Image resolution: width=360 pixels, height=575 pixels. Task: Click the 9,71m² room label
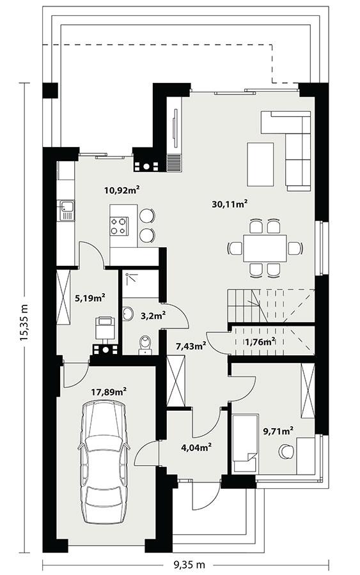click(x=278, y=431)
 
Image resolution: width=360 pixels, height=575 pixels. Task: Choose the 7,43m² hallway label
click(x=191, y=346)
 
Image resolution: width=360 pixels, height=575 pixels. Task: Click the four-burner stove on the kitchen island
click(x=120, y=225)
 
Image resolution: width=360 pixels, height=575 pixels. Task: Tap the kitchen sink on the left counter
click(x=66, y=207)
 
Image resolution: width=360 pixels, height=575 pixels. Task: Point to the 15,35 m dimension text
click(x=24, y=323)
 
